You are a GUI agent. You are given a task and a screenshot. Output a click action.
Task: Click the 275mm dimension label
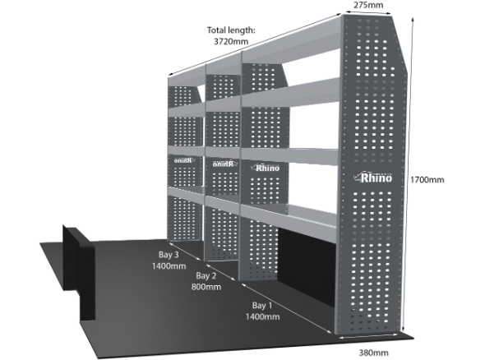click(x=368, y=5)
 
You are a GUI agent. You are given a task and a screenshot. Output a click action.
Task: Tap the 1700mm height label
click(x=427, y=180)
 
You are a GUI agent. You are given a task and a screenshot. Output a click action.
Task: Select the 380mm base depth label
click(x=374, y=353)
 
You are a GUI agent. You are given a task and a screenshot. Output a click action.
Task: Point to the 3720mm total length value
click(x=231, y=41)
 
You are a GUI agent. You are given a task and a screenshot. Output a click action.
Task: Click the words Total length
click(x=231, y=30)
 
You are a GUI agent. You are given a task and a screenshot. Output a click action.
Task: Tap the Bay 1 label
click(x=262, y=306)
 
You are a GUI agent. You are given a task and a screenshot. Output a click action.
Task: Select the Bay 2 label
click(x=206, y=275)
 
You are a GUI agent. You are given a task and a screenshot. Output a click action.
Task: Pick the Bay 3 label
click(x=169, y=255)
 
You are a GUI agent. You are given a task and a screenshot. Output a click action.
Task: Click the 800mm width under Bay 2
click(x=206, y=287)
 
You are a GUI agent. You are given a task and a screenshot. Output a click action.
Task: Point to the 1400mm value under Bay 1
click(x=262, y=316)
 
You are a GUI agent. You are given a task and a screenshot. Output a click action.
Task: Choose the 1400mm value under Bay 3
click(x=169, y=266)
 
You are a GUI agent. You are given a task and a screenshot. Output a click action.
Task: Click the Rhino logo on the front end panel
click(x=372, y=178)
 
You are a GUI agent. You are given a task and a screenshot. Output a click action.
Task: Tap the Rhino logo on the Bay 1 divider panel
click(x=266, y=168)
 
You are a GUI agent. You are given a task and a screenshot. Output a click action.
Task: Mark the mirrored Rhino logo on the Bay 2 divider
click(x=224, y=164)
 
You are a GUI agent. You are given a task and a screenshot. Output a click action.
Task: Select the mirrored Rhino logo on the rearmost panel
click(x=184, y=160)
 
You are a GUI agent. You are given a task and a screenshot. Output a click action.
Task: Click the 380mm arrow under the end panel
click(x=368, y=336)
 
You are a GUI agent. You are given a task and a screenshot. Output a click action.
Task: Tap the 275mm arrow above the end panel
click(x=368, y=12)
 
